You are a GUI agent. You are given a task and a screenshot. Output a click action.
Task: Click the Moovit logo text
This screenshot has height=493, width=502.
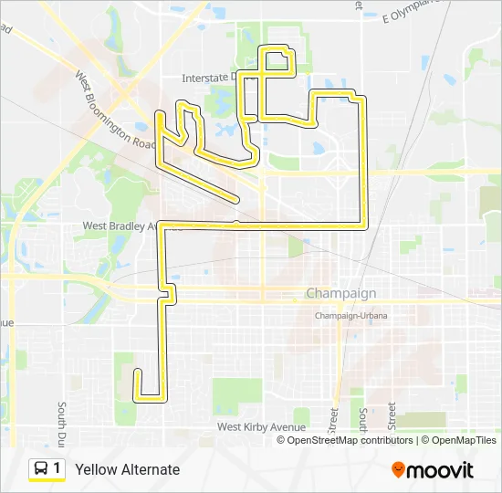click(x=441, y=470)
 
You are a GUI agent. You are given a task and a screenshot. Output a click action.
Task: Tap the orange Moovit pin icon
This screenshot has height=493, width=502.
click(x=398, y=469)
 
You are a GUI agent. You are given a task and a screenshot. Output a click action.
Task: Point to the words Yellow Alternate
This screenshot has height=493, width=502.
click(x=128, y=470)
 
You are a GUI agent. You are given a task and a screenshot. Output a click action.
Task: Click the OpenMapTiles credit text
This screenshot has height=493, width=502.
click(x=461, y=440)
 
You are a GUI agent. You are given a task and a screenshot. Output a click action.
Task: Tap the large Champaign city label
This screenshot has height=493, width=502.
click(x=340, y=294)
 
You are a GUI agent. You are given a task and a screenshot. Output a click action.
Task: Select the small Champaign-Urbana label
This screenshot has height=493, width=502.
click(x=351, y=315)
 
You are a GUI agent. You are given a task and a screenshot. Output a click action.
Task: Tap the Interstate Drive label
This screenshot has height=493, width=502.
click(x=215, y=78)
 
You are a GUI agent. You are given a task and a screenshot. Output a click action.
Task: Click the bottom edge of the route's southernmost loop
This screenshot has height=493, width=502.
click(x=151, y=399)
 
